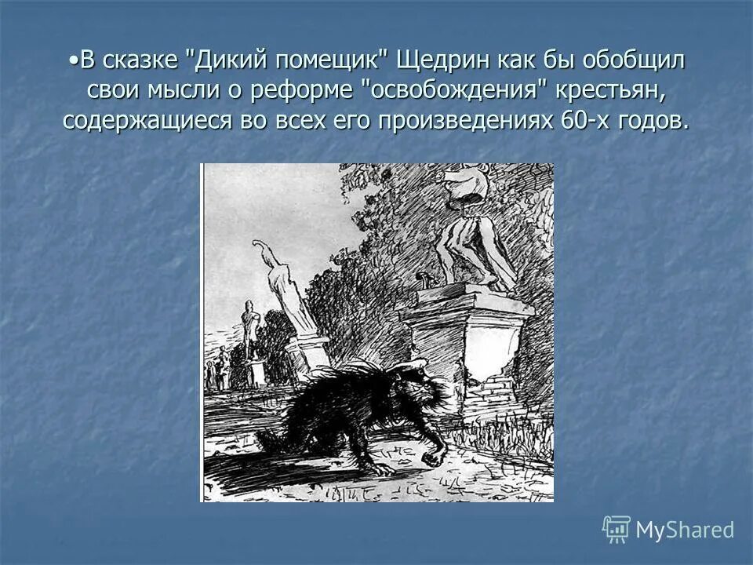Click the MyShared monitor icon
pyautogui.click(x=616, y=530)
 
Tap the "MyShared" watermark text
pyautogui.click(x=684, y=530)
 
